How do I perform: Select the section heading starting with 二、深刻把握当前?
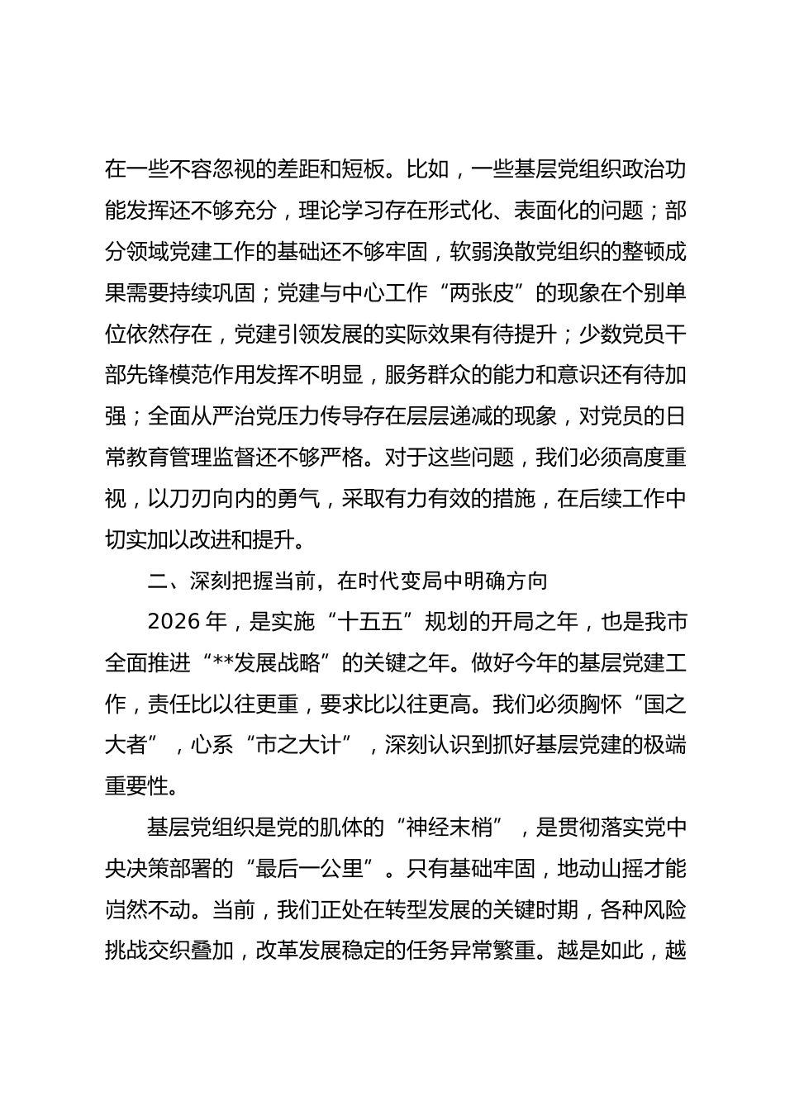click(348, 581)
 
